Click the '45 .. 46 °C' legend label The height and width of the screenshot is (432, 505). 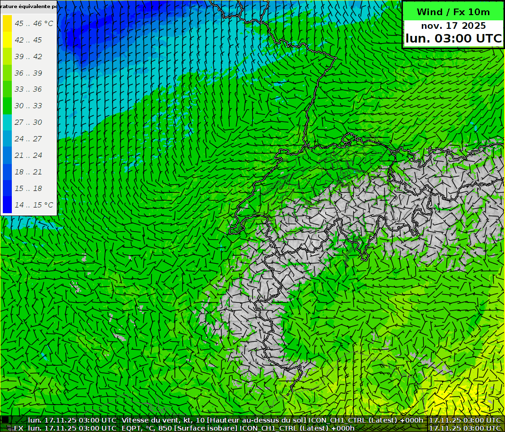[x=34, y=23]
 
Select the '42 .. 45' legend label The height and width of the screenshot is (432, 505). [x=28, y=40]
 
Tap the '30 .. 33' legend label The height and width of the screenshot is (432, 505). [x=28, y=105]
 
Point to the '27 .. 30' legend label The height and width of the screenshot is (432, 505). [x=28, y=122]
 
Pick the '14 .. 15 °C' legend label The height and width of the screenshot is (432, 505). [x=34, y=205]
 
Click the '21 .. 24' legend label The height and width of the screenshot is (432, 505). [x=28, y=155]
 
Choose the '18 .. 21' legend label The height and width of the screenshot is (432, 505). [x=28, y=172]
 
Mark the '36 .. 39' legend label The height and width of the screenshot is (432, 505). [x=28, y=73]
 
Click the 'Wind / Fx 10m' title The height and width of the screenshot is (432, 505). [x=453, y=12]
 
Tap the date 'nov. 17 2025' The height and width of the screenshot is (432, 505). [x=453, y=26]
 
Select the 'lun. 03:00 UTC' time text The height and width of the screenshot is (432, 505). [x=453, y=38]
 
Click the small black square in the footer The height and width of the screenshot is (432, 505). [x=5, y=420]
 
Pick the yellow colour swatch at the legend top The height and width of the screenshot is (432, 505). [x=7, y=23]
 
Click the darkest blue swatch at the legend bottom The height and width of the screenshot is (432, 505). [x=7, y=205]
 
